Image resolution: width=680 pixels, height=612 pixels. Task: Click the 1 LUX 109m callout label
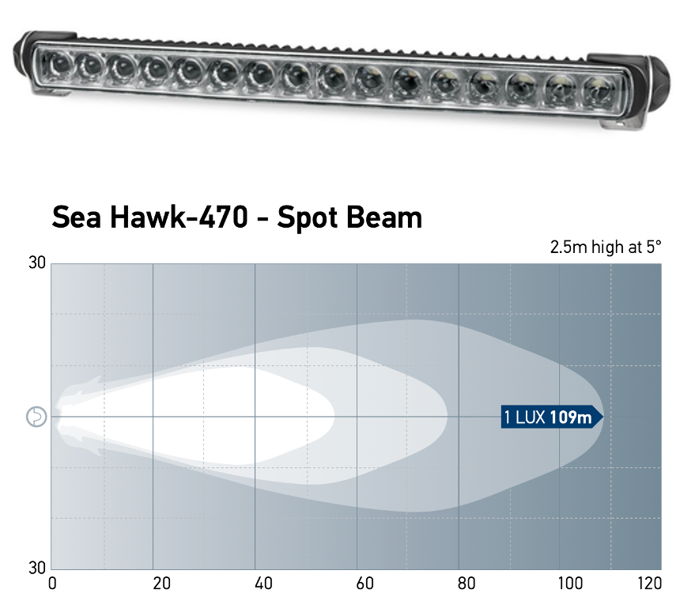coord(552,417)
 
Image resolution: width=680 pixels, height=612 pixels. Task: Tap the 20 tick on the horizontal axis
coord(161,584)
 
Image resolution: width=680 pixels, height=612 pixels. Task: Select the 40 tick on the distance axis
coord(263,584)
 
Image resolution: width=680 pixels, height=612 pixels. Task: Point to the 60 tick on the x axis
coord(365,584)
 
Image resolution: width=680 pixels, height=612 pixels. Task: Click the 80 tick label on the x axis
coord(467,584)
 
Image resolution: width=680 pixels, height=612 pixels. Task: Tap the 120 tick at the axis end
coord(650,584)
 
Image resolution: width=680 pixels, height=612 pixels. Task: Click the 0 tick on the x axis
coord(52,584)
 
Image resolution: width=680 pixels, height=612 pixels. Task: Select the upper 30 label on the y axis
coord(37,263)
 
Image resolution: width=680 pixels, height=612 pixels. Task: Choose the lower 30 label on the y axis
coord(37,568)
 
